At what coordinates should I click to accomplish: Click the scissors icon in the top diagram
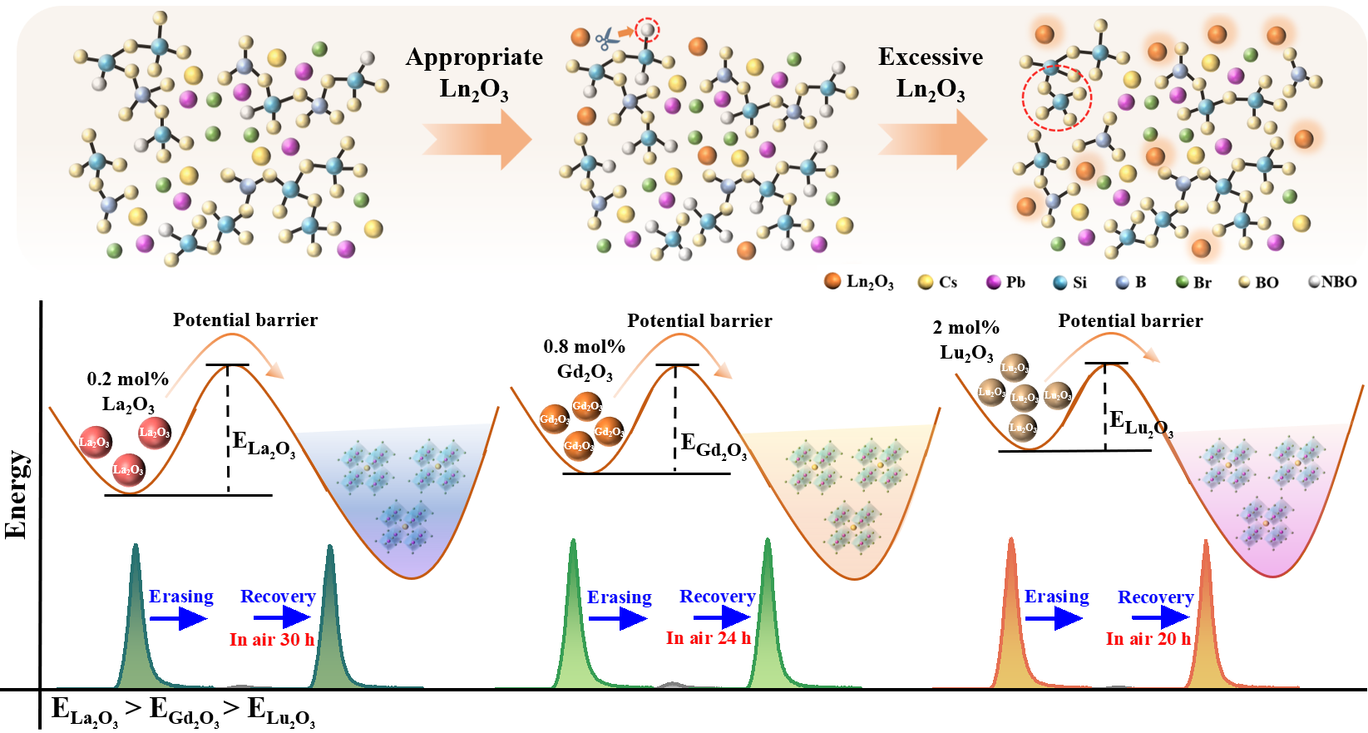tap(606, 37)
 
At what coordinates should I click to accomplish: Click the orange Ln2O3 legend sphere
tap(832, 281)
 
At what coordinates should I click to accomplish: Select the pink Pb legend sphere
tap(993, 282)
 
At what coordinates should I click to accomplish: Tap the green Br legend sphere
tap(1182, 282)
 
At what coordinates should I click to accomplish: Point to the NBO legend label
tap(1338, 282)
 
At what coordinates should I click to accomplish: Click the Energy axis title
tap(17, 494)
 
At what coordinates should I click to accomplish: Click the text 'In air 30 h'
tap(272, 640)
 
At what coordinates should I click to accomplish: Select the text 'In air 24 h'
tap(709, 638)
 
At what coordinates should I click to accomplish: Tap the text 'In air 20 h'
tap(1148, 639)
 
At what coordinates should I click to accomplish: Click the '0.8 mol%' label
tap(584, 346)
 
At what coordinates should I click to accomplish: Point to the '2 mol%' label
tap(966, 328)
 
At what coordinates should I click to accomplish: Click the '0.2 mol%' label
tap(127, 379)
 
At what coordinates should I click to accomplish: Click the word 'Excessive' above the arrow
tap(931, 57)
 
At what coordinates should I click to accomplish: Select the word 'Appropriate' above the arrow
tap(474, 57)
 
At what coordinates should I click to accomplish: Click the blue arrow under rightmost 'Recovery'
tap(1161, 617)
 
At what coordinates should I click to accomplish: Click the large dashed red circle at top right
tap(1056, 97)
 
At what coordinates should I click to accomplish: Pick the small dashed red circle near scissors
tap(646, 31)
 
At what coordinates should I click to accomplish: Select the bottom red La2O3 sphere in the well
tap(128, 469)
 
